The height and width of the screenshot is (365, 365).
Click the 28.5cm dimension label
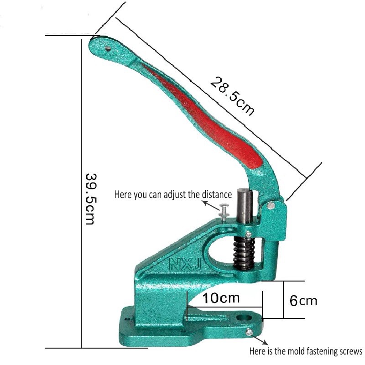pyautogui.click(x=232, y=96)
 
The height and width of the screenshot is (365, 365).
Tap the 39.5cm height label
pyautogui.click(x=89, y=199)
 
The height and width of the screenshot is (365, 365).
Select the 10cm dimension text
pyautogui.click(x=221, y=298)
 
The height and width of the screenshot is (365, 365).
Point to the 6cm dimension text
pyautogui.click(x=303, y=301)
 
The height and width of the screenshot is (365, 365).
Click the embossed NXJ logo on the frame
pyautogui.click(x=185, y=265)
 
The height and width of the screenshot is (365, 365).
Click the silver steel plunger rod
pyautogui.click(x=245, y=206)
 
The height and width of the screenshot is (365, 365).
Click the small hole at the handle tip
pyautogui.click(x=108, y=49)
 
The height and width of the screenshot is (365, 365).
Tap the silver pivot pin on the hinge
pyautogui.click(x=271, y=206)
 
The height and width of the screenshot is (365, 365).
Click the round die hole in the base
pyautogui.click(x=245, y=318)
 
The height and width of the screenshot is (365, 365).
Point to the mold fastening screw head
pyautogui.click(x=249, y=332)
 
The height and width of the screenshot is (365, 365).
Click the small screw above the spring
pyautogui.click(x=249, y=234)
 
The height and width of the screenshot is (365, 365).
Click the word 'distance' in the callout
pyautogui.click(x=217, y=194)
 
